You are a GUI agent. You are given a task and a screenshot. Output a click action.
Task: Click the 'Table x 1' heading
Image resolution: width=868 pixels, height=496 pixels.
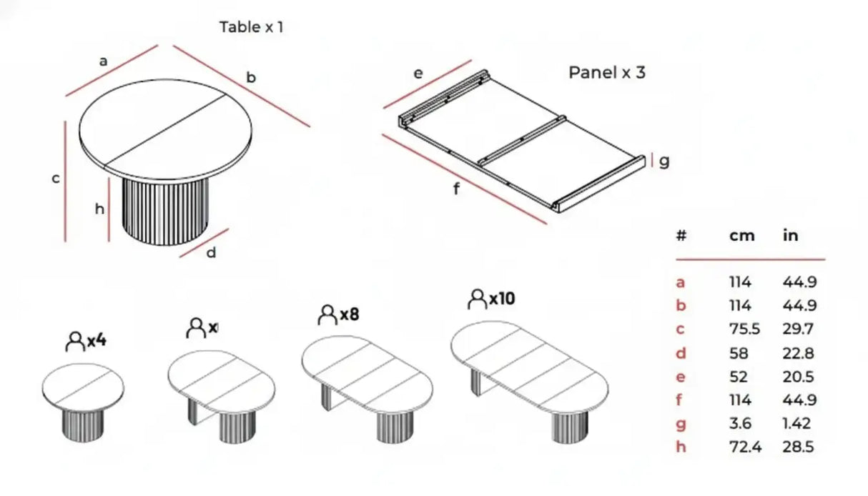click(x=250, y=28)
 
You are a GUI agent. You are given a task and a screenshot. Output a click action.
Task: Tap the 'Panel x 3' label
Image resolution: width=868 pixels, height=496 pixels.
click(x=606, y=72)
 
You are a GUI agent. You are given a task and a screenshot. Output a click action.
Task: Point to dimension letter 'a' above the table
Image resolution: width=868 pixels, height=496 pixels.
click(x=103, y=62)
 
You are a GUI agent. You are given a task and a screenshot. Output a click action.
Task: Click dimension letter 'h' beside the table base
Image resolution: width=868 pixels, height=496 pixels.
click(x=99, y=209)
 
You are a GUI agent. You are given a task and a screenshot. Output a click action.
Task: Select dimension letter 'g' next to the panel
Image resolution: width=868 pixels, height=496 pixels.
click(x=664, y=162)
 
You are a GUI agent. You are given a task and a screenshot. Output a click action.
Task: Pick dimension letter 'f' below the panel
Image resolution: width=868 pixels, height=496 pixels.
click(x=456, y=189)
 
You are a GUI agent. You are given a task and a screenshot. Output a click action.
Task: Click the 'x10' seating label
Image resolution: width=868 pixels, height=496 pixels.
click(x=502, y=299)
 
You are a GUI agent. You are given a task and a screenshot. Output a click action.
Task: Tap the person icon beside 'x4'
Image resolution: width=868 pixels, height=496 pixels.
click(x=74, y=341)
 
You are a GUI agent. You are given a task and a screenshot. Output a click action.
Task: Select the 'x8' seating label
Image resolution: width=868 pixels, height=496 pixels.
click(x=349, y=314)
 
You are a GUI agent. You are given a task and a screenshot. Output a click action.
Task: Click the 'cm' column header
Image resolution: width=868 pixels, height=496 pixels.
click(x=741, y=236)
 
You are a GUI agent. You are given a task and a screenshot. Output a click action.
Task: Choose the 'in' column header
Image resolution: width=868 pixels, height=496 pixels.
click(x=790, y=236)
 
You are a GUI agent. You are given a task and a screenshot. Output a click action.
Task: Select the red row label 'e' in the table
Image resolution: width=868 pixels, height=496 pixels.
click(x=680, y=377)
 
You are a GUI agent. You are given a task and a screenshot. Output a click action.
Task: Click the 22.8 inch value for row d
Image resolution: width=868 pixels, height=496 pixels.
click(x=799, y=353)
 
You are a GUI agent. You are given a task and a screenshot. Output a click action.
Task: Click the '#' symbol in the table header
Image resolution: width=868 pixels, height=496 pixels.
click(x=681, y=236)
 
